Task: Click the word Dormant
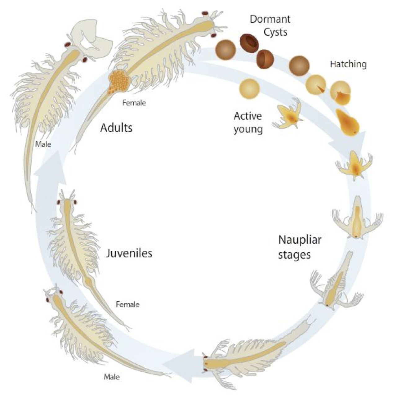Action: [270, 19]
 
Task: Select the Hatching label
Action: [348, 64]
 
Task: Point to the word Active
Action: [248, 116]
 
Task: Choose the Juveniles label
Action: [129, 254]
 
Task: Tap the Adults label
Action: [116, 128]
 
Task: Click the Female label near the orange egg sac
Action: [134, 102]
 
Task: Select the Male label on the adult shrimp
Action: [43, 144]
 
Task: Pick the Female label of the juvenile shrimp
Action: [127, 304]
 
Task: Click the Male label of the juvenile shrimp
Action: [112, 377]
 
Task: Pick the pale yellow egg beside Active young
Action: [249, 88]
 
